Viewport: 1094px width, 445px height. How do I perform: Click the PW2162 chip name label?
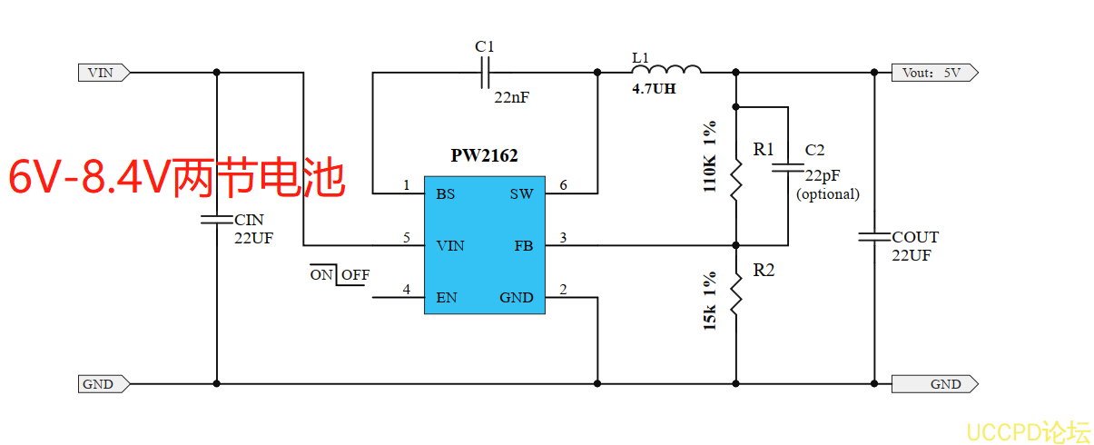(484, 155)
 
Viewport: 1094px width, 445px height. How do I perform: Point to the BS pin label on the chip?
(445, 193)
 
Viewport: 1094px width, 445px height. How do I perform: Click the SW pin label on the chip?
(521, 193)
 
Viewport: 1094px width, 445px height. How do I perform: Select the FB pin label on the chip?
(524, 245)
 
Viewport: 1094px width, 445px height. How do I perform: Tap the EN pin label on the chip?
(446, 297)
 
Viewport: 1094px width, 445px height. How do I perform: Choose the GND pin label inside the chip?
(517, 297)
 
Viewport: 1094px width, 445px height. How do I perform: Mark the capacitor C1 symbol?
(486, 72)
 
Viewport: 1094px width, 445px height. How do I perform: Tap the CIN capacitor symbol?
(217, 219)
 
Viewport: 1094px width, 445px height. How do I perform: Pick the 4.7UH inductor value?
(654, 90)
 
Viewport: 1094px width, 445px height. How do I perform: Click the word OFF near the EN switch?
(355, 274)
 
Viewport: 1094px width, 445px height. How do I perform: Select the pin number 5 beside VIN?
(407, 238)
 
